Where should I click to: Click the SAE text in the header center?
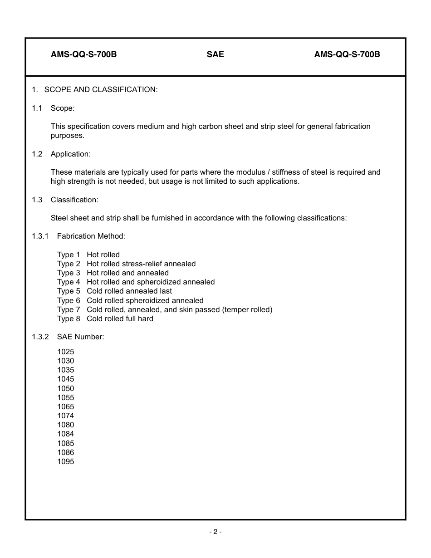point(215,54)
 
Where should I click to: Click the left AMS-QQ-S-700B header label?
point(83,54)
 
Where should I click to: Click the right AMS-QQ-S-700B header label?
point(347,54)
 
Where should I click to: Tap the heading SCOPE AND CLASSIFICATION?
point(101,90)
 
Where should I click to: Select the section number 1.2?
point(37,154)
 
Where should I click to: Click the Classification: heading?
point(74,200)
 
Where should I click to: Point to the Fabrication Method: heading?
point(91,236)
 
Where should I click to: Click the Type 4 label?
point(69,282)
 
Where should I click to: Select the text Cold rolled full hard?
point(120,318)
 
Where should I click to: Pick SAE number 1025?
point(65,352)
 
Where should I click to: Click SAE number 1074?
point(65,416)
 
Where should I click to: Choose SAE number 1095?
point(65,461)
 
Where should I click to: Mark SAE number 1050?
point(65,388)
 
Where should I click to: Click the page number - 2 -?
point(215,532)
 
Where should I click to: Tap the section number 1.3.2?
point(40,337)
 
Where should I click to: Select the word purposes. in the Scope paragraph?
point(68,136)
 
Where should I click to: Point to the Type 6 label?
point(69,300)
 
